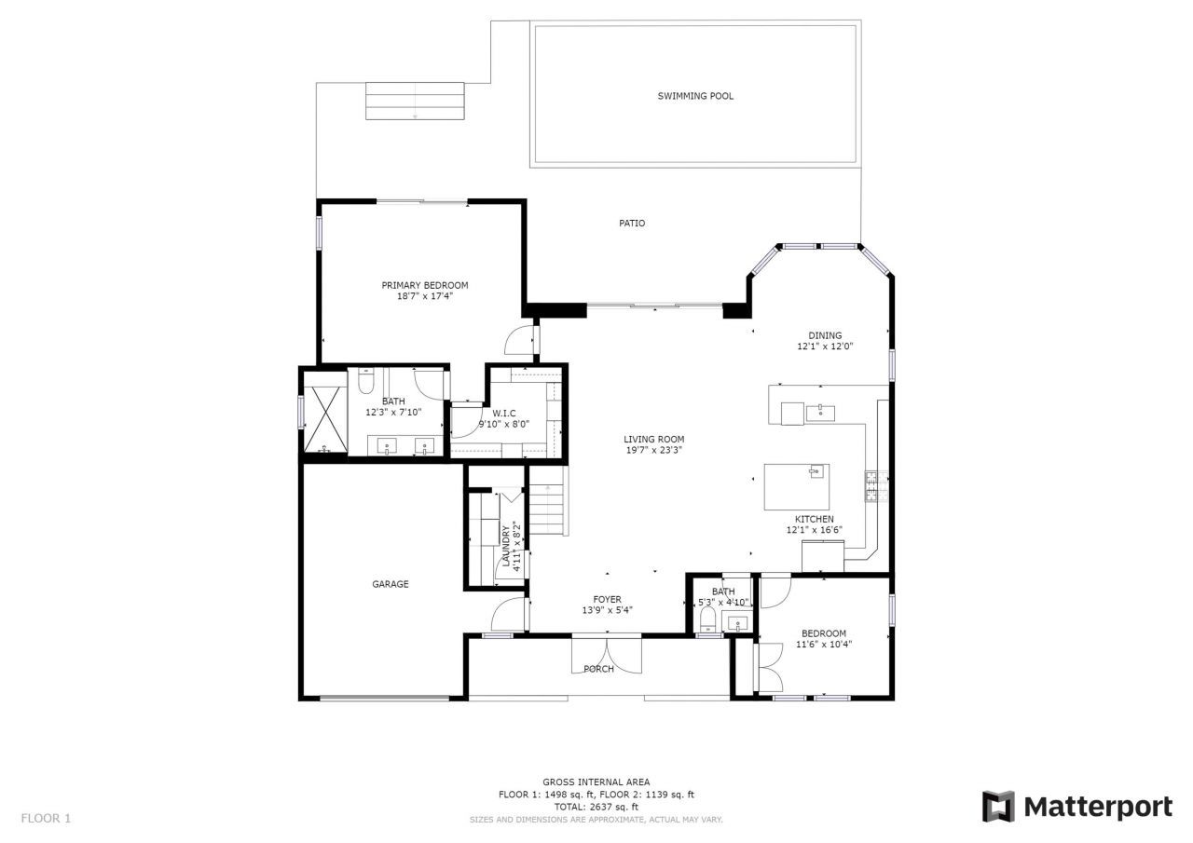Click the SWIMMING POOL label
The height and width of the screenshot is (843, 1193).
(x=695, y=96)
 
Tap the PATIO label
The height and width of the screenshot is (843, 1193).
(x=632, y=224)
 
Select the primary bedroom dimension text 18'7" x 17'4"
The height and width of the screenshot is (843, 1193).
(x=424, y=297)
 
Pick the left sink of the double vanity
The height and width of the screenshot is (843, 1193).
(x=387, y=446)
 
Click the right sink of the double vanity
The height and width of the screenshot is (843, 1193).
(x=425, y=446)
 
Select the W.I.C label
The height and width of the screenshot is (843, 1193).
(x=504, y=413)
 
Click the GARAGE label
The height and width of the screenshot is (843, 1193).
(x=391, y=585)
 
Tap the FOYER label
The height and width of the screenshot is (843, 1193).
(x=607, y=600)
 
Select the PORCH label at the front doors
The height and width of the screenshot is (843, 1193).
(x=598, y=669)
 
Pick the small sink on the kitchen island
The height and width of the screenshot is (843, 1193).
(x=816, y=471)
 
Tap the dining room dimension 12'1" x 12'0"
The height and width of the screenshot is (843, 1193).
(x=825, y=347)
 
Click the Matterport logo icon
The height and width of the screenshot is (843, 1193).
(x=998, y=807)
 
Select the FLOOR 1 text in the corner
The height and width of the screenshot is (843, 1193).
(x=46, y=819)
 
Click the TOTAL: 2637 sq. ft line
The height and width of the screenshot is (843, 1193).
(x=596, y=807)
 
